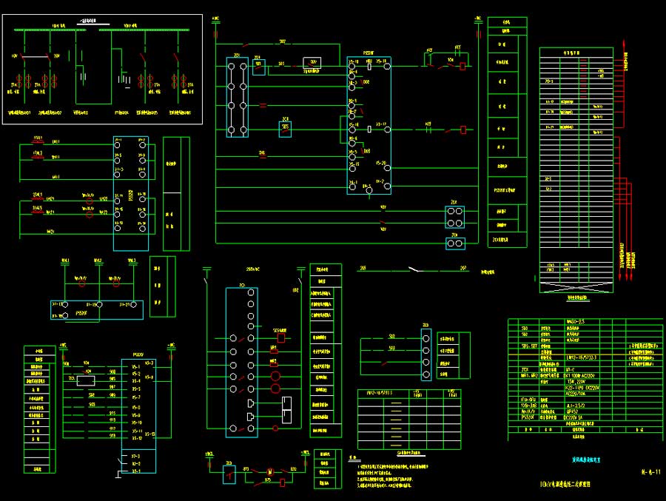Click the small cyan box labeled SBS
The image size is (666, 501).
tap(286, 129)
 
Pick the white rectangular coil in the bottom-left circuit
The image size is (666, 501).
tap(86, 381)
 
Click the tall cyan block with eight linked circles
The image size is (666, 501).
tap(237, 98)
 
